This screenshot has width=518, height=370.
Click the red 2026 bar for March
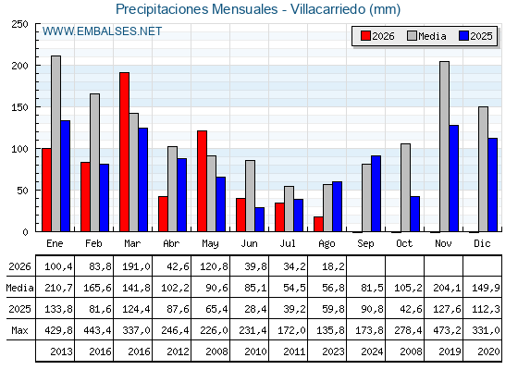pos(124,152)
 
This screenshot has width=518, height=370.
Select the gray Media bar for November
pos(444,146)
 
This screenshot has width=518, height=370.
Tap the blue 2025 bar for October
pos(415,214)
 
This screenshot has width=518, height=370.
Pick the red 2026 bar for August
pos(318,224)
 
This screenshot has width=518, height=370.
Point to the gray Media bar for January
pos(55,143)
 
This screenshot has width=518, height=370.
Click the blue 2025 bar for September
pos(376,193)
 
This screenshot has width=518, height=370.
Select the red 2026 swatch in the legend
pos(365,36)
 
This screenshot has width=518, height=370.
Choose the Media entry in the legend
pos(426,36)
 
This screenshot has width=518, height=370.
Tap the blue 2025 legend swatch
pos(463,36)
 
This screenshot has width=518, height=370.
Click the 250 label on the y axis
pos(19,24)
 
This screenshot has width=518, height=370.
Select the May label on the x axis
pos(210,244)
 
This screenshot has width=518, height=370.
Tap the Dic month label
pos(482,243)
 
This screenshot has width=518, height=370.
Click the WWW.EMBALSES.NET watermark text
pos(102,31)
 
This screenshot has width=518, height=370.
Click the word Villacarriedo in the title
pos(328,9)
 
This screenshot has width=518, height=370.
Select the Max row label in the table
pos(19,330)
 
